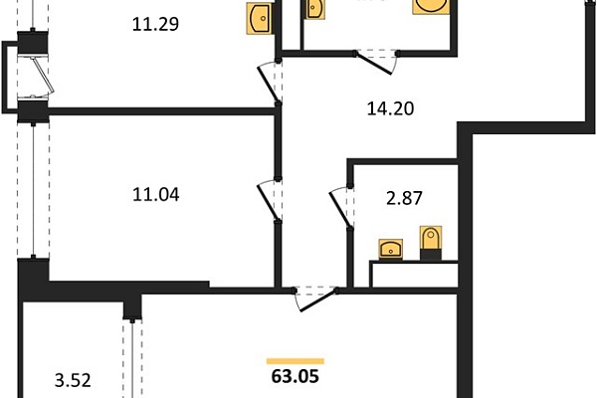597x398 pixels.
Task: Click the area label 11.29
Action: (x=155, y=24)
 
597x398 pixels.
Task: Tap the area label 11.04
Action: (x=156, y=195)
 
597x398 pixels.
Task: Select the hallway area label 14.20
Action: (x=390, y=108)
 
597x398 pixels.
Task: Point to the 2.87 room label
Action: (x=404, y=198)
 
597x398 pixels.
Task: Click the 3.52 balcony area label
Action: (x=73, y=380)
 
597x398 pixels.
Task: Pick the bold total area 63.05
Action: (x=296, y=377)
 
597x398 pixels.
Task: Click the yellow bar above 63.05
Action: (x=296, y=361)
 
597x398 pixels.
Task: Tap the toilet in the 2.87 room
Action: (x=431, y=243)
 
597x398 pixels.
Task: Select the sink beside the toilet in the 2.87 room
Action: (x=391, y=250)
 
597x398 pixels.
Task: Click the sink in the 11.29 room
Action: (x=260, y=18)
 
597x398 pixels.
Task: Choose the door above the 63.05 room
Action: (x=315, y=299)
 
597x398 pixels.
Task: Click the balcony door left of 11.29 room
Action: (x=41, y=77)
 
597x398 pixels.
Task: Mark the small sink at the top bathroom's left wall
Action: (x=314, y=8)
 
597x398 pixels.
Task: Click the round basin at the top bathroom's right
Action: (x=431, y=7)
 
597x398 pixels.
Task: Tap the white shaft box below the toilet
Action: (x=414, y=274)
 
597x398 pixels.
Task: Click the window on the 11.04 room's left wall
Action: (x=33, y=190)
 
